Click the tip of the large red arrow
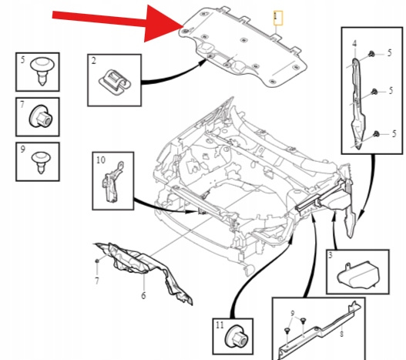pos(184,26)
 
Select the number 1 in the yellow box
pos(276,17)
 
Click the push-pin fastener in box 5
pos(42,71)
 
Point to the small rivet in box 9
pos(41,162)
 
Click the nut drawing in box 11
pos(237,336)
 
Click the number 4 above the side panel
pos(354,43)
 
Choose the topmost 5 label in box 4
pos(389,53)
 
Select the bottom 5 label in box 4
pos(394,133)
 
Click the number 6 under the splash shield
pos(143,295)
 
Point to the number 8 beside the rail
pos(341,334)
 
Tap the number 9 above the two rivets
pos(293,313)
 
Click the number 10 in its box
pos(101,160)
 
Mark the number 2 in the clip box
pos(93,61)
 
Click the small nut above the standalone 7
pos(97,261)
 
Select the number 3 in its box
pos(331,256)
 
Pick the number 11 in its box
pos(220,325)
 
